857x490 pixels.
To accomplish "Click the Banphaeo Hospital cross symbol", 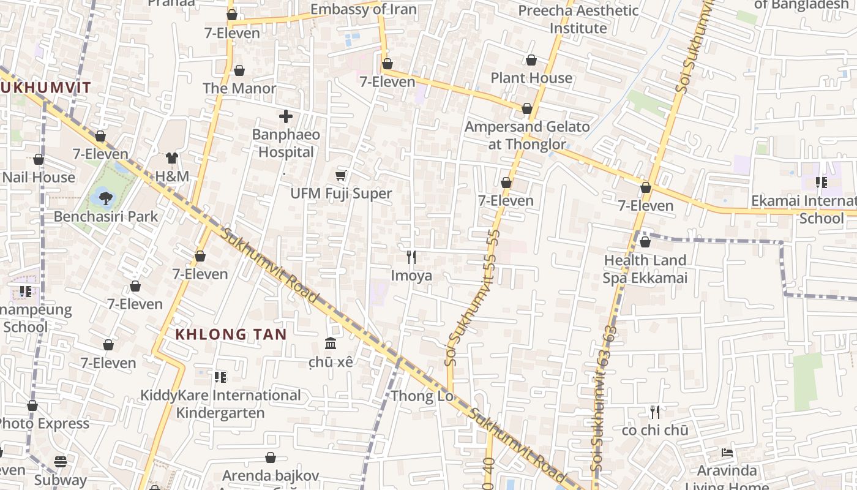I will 286,116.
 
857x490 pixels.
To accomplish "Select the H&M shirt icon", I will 171,159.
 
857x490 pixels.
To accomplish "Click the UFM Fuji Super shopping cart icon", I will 341,176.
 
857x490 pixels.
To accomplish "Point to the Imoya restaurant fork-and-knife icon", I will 411,257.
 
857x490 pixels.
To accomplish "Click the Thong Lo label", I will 422,396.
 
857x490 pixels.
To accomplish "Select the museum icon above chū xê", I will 331,343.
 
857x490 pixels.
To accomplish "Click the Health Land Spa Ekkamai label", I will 645,269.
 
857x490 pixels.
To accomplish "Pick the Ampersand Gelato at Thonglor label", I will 527,135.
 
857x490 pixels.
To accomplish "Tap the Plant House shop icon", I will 531,60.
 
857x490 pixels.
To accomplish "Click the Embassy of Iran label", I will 364,10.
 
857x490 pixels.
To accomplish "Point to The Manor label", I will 239,88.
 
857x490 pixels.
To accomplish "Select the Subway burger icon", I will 60,461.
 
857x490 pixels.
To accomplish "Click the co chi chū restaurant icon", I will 655,412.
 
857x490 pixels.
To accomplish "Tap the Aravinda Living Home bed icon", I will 727,453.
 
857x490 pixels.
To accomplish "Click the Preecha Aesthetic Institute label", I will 578,19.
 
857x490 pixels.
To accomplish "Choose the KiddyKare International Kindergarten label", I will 220,404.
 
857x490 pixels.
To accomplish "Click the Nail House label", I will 39,178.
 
